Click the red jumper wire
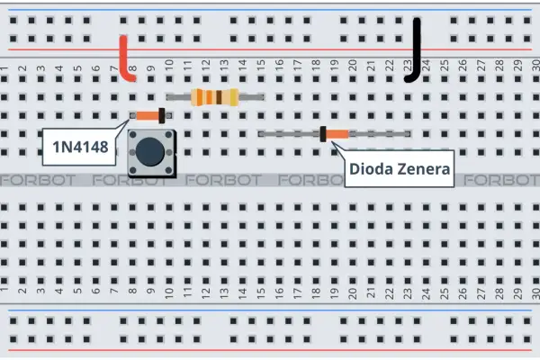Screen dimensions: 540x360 [x=123, y=58]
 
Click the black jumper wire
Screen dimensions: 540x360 [x=417, y=51]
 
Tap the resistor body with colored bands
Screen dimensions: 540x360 [x=214, y=97]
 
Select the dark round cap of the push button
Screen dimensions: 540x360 [x=150, y=151]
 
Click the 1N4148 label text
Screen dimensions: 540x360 [x=80, y=147]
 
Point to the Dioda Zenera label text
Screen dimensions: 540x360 [x=400, y=169]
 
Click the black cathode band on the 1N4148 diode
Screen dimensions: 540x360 [x=161, y=115]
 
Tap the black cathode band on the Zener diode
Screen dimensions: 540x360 [x=323, y=134]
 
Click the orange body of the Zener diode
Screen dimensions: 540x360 [x=337, y=134]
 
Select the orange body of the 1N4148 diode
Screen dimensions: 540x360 [x=148, y=115]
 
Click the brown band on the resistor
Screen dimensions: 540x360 [x=219, y=97]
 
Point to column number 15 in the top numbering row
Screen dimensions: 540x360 [x=261, y=63]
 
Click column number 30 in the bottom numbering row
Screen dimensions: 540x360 [x=535, y=293]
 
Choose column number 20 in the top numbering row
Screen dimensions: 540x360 [x=352, y=63]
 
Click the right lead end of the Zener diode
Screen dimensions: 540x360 [x=409, y=134]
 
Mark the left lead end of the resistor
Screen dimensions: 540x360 [x=169, y=97]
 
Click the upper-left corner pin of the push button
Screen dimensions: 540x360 [x=132, y=134]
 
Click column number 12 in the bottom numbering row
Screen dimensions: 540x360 [x=205, y=293]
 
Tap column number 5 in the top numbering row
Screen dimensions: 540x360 [x=77, y=68]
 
